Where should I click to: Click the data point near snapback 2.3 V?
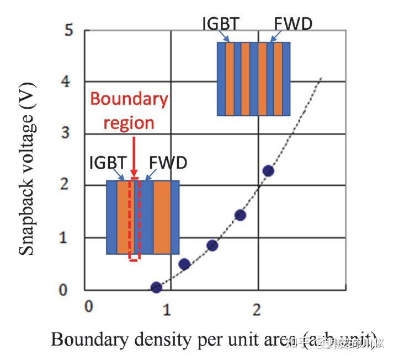tap(268, 170)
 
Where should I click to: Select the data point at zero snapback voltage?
tap(156, 287)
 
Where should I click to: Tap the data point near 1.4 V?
tap(240, 215)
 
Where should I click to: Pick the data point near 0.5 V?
tap(184, 264)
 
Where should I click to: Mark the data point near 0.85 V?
tap(212, 245)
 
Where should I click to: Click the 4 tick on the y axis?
tap(68, 82)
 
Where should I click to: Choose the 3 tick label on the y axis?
tap(68, 134)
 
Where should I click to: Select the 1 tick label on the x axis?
tap(166, 309)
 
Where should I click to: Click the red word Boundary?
tap(129, 99)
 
